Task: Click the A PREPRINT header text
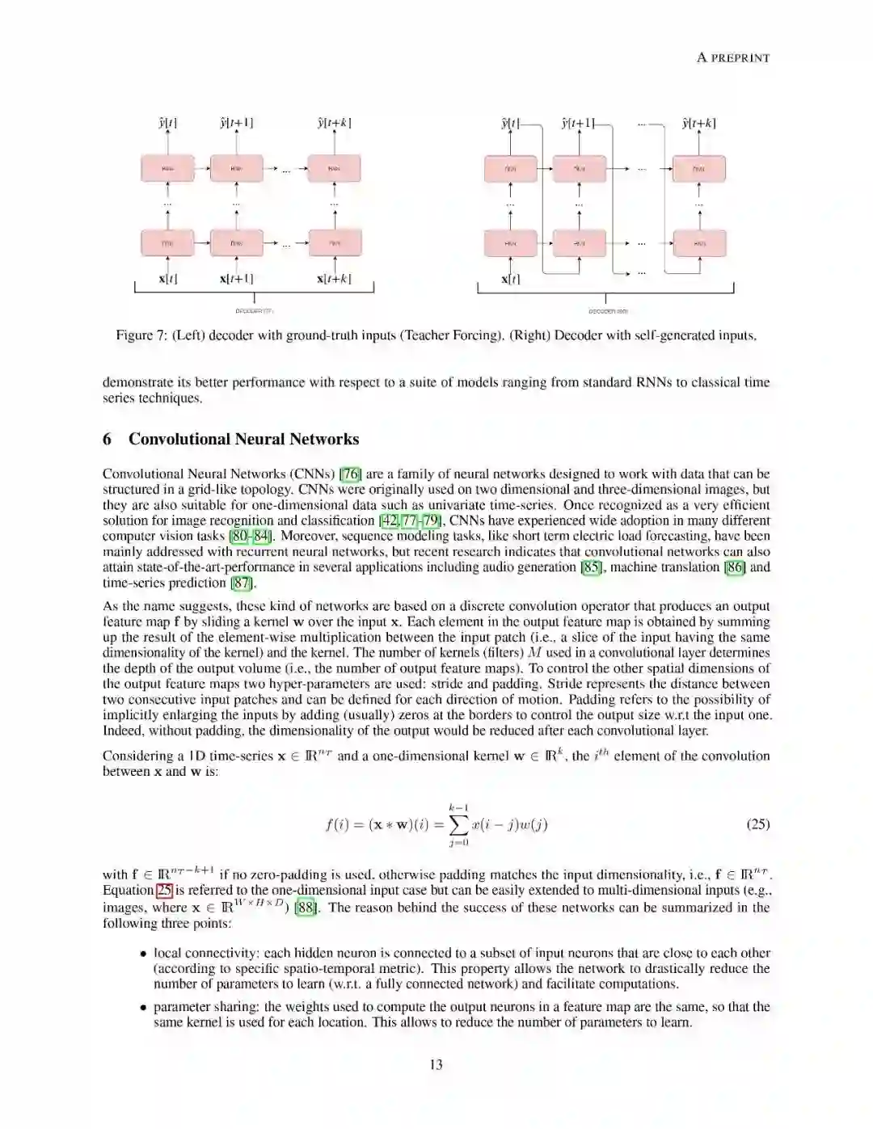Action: [733, 57]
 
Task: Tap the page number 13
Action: [436, 1064]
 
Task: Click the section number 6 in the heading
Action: [108, 439]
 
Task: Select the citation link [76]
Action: [350, 474]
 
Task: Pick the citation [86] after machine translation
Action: [735, 567]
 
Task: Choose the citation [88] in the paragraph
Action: [306, 908]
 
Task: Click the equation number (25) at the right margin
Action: [757, 824]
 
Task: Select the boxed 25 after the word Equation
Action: [164, 890]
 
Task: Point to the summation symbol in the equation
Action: [458, 824]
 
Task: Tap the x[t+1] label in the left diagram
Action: [236, 279]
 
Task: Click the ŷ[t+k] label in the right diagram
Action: [698, 124]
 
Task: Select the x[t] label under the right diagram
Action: [509, 279]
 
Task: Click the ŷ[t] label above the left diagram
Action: [167, 124]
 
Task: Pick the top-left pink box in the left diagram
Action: [168, 168]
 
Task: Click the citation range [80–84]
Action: [251, 536]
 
